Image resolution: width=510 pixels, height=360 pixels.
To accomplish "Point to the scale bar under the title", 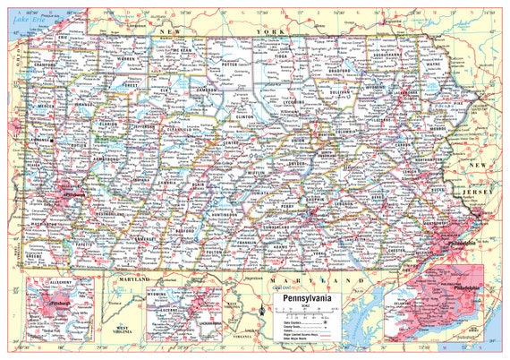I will point(309,311).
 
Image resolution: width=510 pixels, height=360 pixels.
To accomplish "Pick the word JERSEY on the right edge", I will point(473,193).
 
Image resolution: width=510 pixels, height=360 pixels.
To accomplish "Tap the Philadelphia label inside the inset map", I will point(465,288).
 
